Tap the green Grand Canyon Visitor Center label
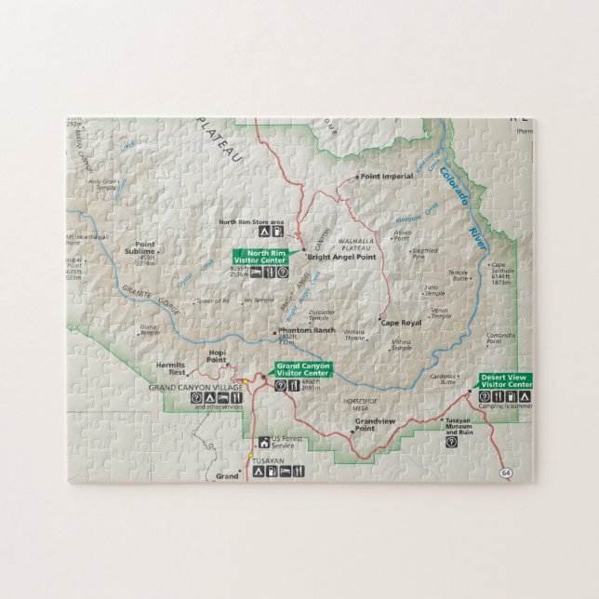(302, 369)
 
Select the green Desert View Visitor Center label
(506, 379)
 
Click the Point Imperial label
(386, 176)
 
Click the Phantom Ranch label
(306, 331)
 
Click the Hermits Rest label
(170, 368)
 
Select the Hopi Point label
(217, 356)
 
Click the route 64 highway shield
(505, 473)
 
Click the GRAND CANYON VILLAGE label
(195, 386)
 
